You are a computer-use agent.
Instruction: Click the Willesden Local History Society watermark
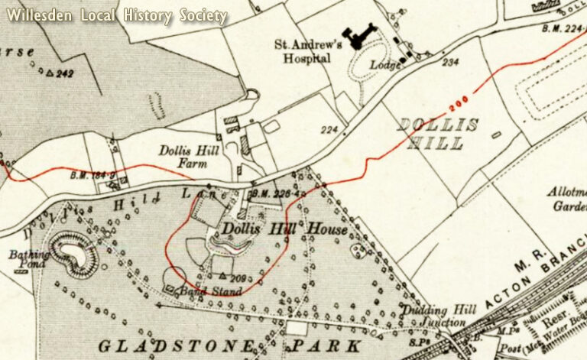coord(118,15)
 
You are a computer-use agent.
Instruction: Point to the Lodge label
coord(387,65)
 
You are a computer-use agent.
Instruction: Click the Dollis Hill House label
coord(284,229)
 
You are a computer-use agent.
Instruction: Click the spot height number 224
coord(329,129)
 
